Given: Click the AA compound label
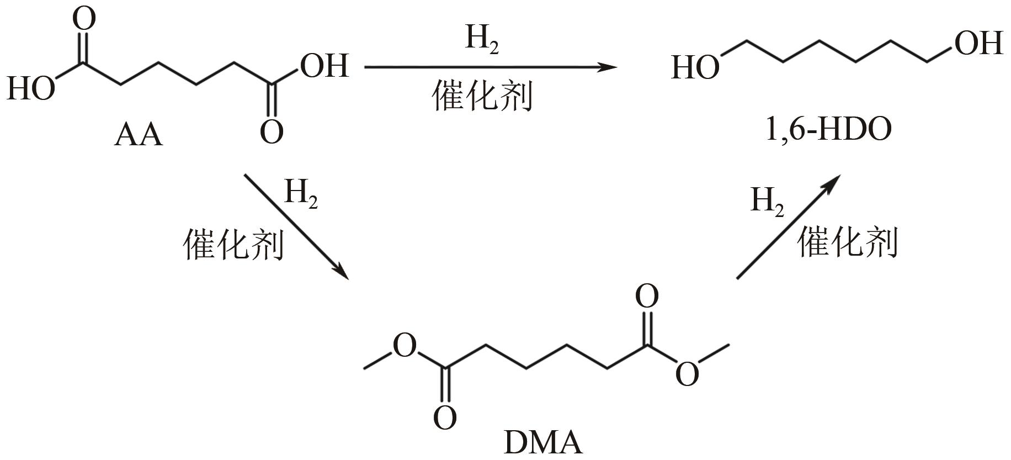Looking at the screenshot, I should [139, 135].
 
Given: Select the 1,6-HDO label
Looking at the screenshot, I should [828, 131].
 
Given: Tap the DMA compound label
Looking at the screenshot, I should [543, 442].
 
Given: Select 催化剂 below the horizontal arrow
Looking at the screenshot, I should [482, 96].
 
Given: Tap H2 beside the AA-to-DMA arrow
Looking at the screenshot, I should [301, 194].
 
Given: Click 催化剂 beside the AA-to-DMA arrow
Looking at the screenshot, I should [233, 245].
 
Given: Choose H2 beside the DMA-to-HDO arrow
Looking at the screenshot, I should [767, 202].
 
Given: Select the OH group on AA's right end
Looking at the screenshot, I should [324, 66].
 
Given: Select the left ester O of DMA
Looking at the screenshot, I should [405, 346].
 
